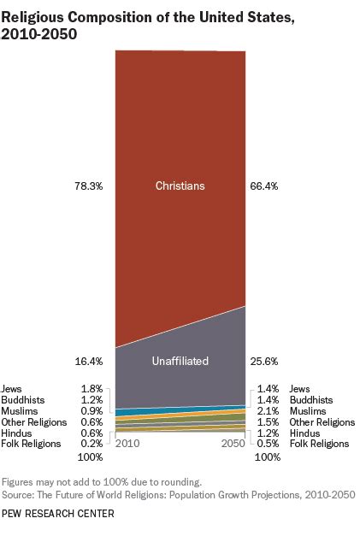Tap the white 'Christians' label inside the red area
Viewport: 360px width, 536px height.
[x=180, y=186]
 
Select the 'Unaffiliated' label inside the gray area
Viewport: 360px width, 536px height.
[x=180, y=362]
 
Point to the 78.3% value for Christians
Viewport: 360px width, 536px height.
[x=88, y=186]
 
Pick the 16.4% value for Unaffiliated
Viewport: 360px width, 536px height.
[x=88, y=362]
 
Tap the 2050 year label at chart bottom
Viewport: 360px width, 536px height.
[x=233, y=445]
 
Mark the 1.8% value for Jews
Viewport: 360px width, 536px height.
[x=91, y=389]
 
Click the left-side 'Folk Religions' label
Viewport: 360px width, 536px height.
[x=31, y=445]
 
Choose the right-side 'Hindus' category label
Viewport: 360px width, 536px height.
[x=305, y=433]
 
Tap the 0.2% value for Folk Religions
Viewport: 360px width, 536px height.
[x=91, y=445]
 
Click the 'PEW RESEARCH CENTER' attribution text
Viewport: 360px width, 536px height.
[x=57, y=514]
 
